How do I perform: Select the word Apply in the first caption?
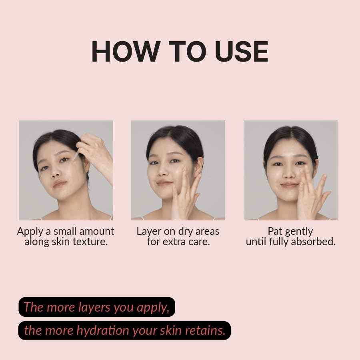[29, 232]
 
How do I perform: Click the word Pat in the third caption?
[275, 232]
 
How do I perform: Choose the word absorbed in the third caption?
[314, 242]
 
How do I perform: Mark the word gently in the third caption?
[299, 232]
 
